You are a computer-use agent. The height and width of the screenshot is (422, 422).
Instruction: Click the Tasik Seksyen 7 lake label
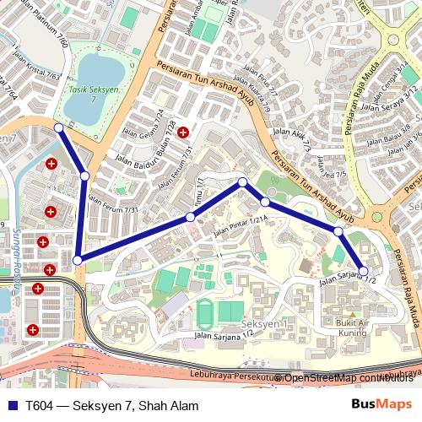point(89,95)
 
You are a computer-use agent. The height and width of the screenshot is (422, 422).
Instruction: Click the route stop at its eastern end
point(364,270)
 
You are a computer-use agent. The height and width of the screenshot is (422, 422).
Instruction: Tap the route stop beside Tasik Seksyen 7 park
point(58,127)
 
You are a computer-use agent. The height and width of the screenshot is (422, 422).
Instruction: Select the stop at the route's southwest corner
point(78,261)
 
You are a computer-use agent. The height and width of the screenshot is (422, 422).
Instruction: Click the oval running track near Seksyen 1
point(207,312)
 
